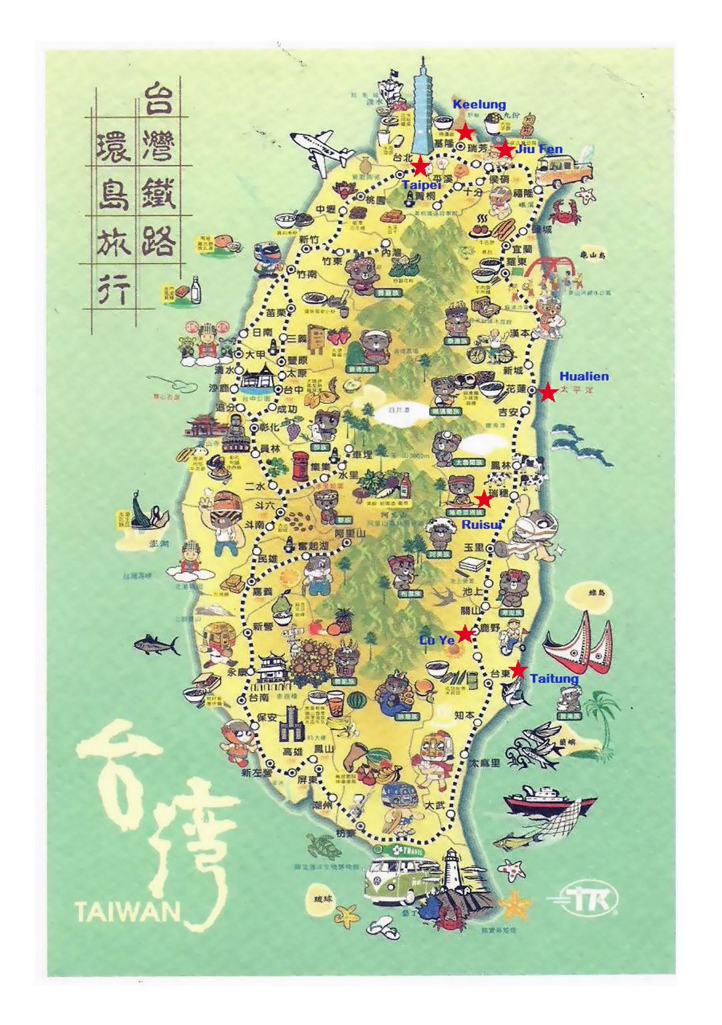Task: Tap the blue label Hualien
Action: coord(584,376)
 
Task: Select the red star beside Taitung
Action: coord(517,670)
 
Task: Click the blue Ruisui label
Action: coord(481,525)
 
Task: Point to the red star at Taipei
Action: coord(420,166)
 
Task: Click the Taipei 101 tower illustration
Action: coord(424,107)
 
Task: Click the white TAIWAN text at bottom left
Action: coord(128,910)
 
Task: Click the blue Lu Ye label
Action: coord(437,639)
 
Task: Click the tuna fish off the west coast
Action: coord(157,645)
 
